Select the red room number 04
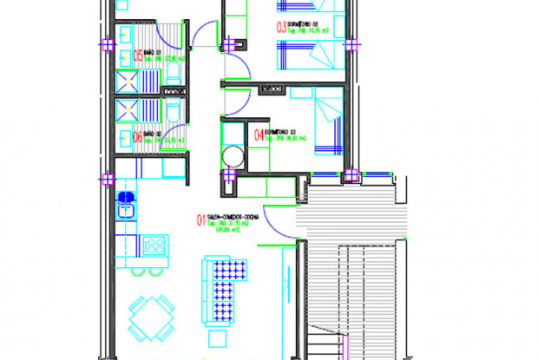[259, 134]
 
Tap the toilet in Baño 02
[172, 111]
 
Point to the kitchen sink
[126, 207]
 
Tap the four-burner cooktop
[155, 246]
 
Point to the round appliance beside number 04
[233, 156]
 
